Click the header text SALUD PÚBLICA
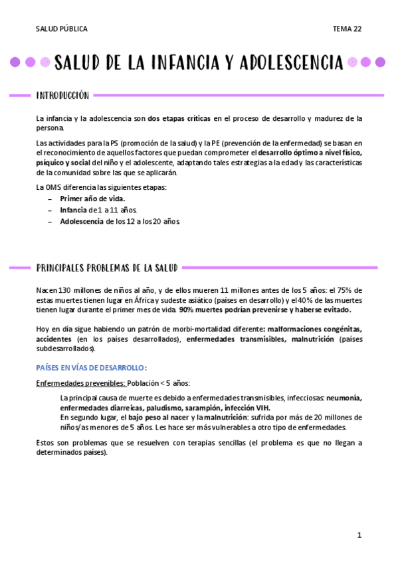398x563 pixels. coord(62,29)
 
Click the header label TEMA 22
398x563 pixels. coord(347,29)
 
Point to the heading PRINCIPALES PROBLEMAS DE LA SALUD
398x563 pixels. coord(107,268)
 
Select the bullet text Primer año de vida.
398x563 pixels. coord(92,199)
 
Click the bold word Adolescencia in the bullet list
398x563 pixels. coord(82,221)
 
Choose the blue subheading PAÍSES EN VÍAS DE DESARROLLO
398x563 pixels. coord(91,368)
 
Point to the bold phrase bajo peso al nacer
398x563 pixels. coord(159,417)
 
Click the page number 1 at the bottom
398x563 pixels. coord(359,535)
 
